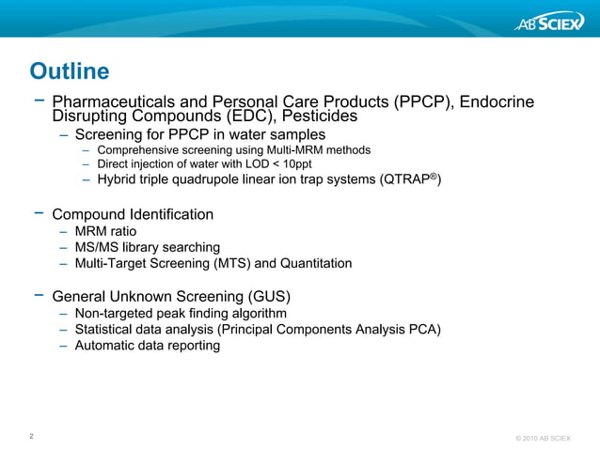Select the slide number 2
[33, 436]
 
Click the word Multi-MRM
[294, 149]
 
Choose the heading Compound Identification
[133, 214]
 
